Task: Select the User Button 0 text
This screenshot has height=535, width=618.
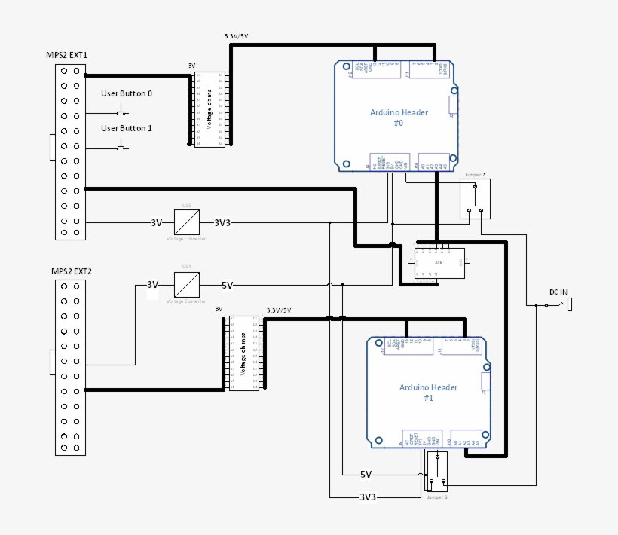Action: [127, 93]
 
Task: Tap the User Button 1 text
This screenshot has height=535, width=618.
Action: [127, 128]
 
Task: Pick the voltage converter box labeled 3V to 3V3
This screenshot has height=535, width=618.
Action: [186, 222]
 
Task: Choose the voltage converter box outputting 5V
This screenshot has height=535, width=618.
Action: [186, 285]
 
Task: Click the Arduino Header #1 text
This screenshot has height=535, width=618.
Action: [428, 392]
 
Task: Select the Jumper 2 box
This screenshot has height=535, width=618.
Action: [476, 199]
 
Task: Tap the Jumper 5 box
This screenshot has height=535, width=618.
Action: [437, 472]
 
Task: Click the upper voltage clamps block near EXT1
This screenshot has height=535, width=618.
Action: [210, 109]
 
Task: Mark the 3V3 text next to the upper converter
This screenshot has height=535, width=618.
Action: [222, 223]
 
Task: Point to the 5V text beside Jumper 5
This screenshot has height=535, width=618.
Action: [366, 475]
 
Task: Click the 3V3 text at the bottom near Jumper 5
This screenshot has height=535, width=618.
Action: [367, 497]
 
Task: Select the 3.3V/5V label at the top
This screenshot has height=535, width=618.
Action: [237, 36]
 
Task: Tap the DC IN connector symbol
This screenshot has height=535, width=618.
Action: [570, 304]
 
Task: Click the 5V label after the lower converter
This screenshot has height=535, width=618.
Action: [227, 286]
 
